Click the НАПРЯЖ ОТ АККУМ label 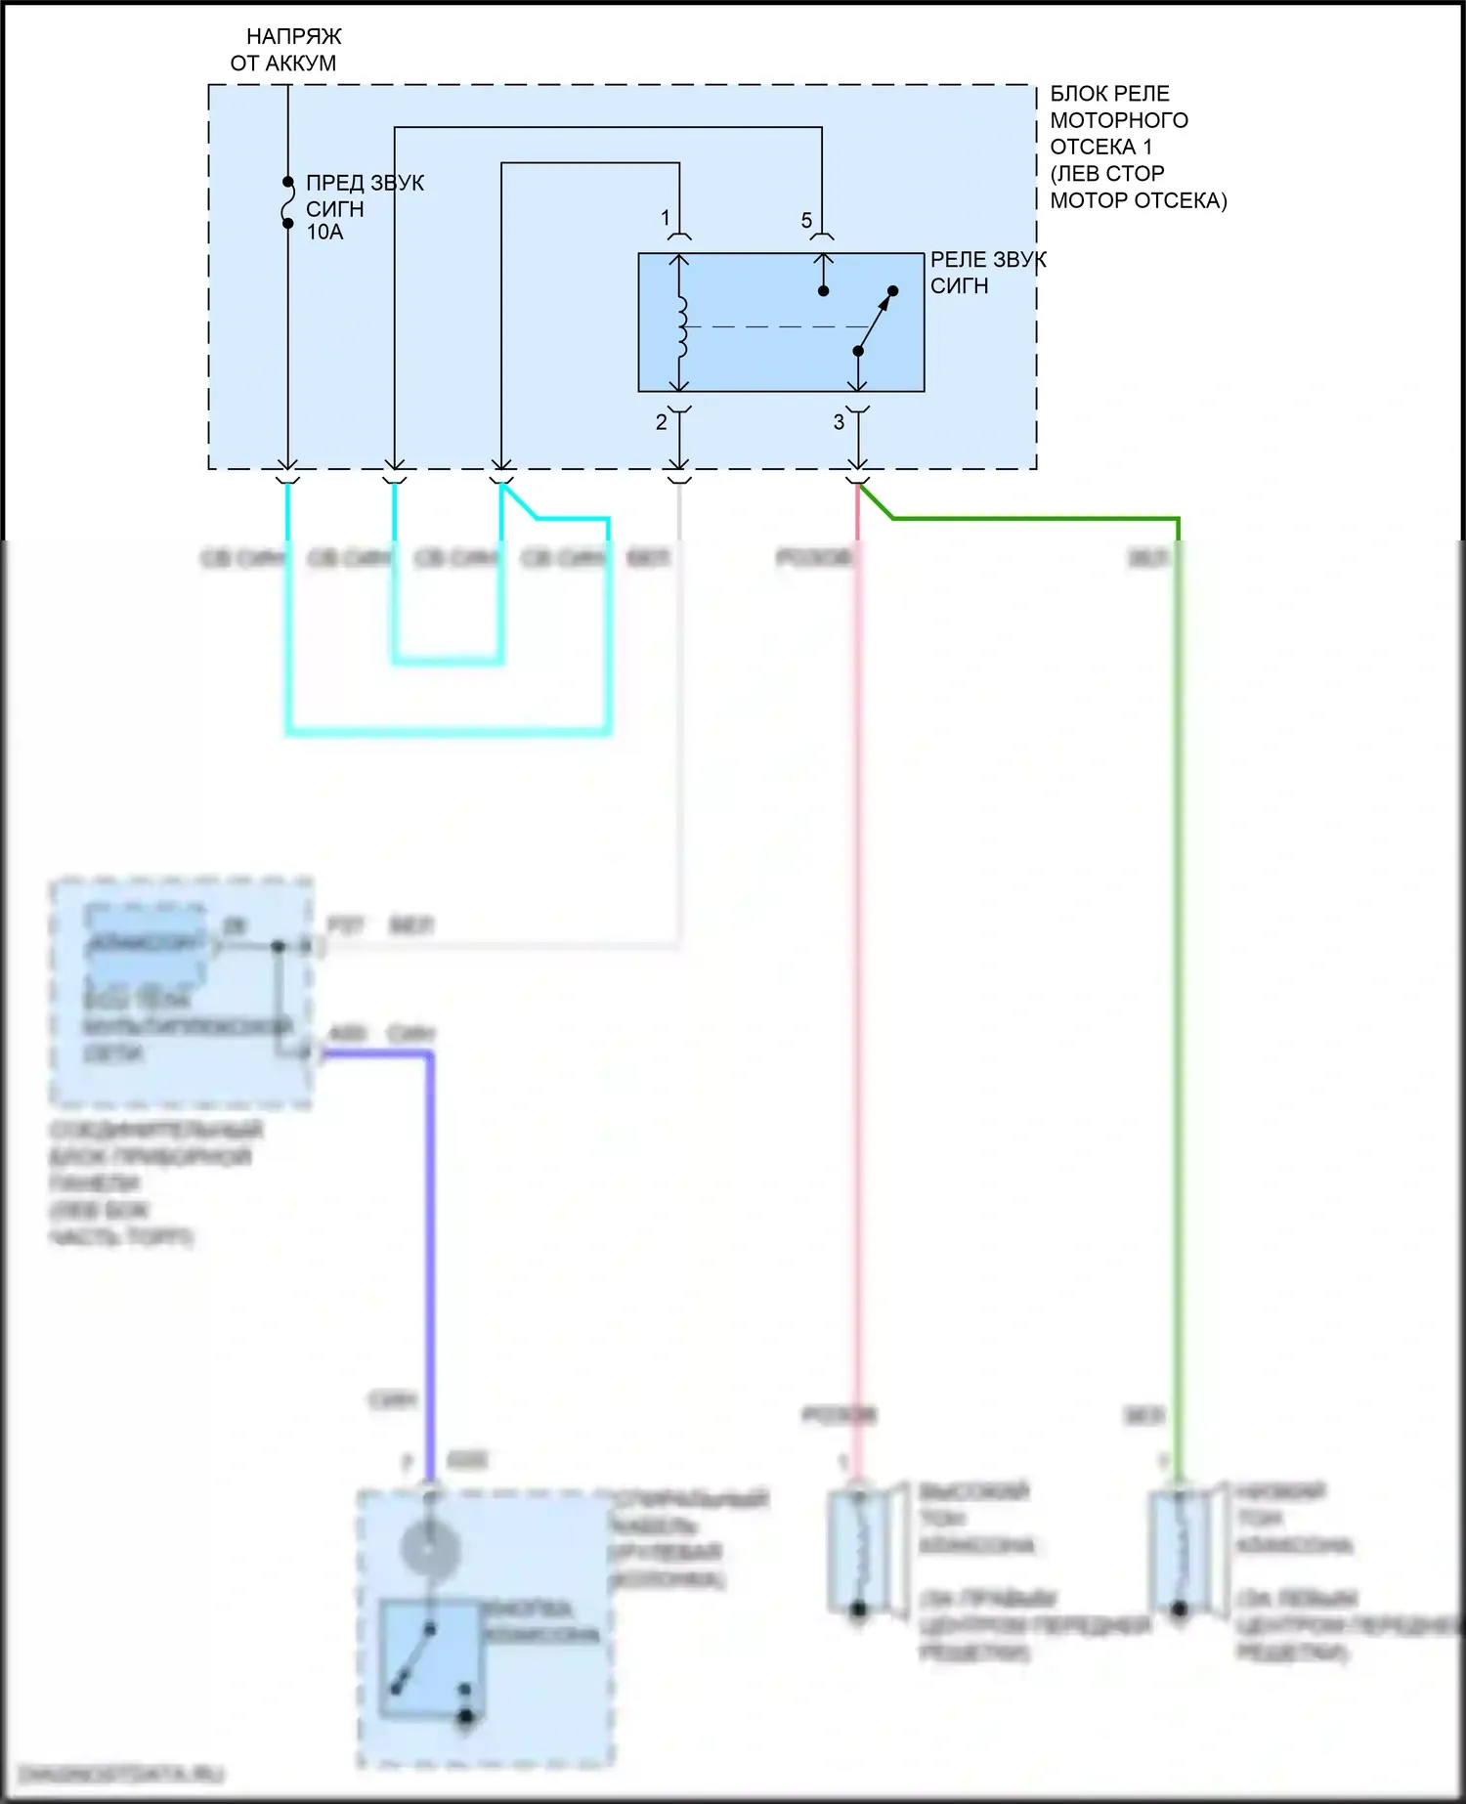coord(285,50)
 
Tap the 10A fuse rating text coord(324,233)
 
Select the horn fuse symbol coord(287,203)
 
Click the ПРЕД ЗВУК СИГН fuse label coord(364,195)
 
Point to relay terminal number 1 coord(666,217)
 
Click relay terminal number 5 coord(806,221)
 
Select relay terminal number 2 coord(662,422)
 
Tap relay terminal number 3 coord(839,422)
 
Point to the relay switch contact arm coord(876,321)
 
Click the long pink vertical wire coord(858,977)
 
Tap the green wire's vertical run coord(1178,977)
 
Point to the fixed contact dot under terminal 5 coord(823,291)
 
